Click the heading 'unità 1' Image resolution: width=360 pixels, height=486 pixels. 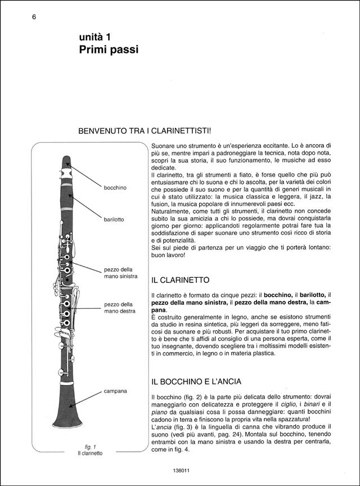tap(98, 37)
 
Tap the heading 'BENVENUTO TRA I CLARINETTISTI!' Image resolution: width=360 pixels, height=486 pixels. tap(145, 130)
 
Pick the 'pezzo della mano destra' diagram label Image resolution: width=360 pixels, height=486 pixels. tap(119, 308)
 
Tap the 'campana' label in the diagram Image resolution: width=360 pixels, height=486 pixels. tap(115, 390)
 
